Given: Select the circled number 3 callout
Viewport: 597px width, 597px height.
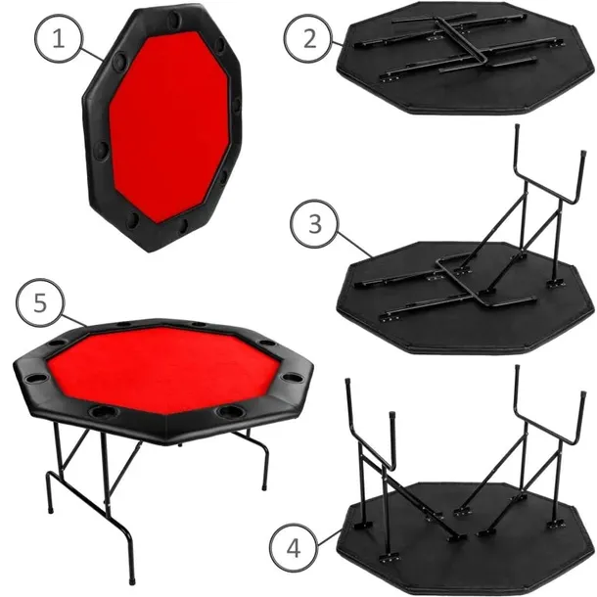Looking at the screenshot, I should (312, 223).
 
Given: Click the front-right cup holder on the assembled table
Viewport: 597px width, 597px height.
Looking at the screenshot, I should (231, 412).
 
